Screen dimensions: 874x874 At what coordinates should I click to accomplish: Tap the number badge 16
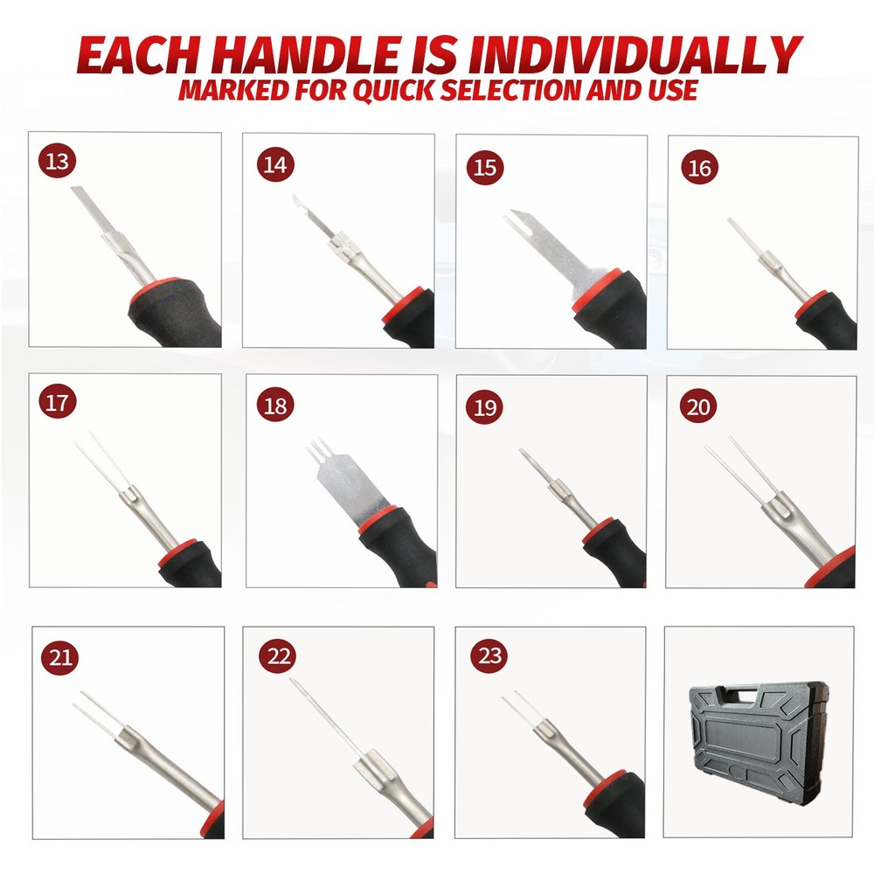pyautogui.click(x=700, y=169)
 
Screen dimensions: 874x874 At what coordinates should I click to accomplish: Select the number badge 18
pyautogui.click(x=274, y=406)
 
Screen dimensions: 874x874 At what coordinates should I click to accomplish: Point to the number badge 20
pyautogui.click(x=700, y=407)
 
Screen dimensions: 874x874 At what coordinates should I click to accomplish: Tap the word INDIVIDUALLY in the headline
pyautogui.click(x=635, y=55)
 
